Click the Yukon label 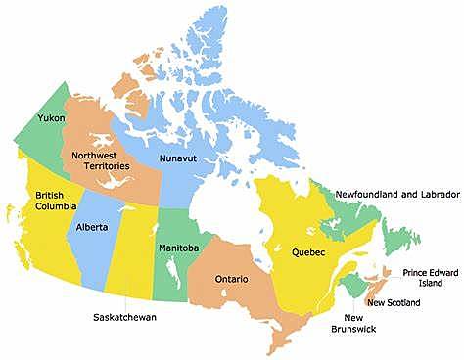[51, 117]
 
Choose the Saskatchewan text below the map [124, 318]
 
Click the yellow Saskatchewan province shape [133, 249]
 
